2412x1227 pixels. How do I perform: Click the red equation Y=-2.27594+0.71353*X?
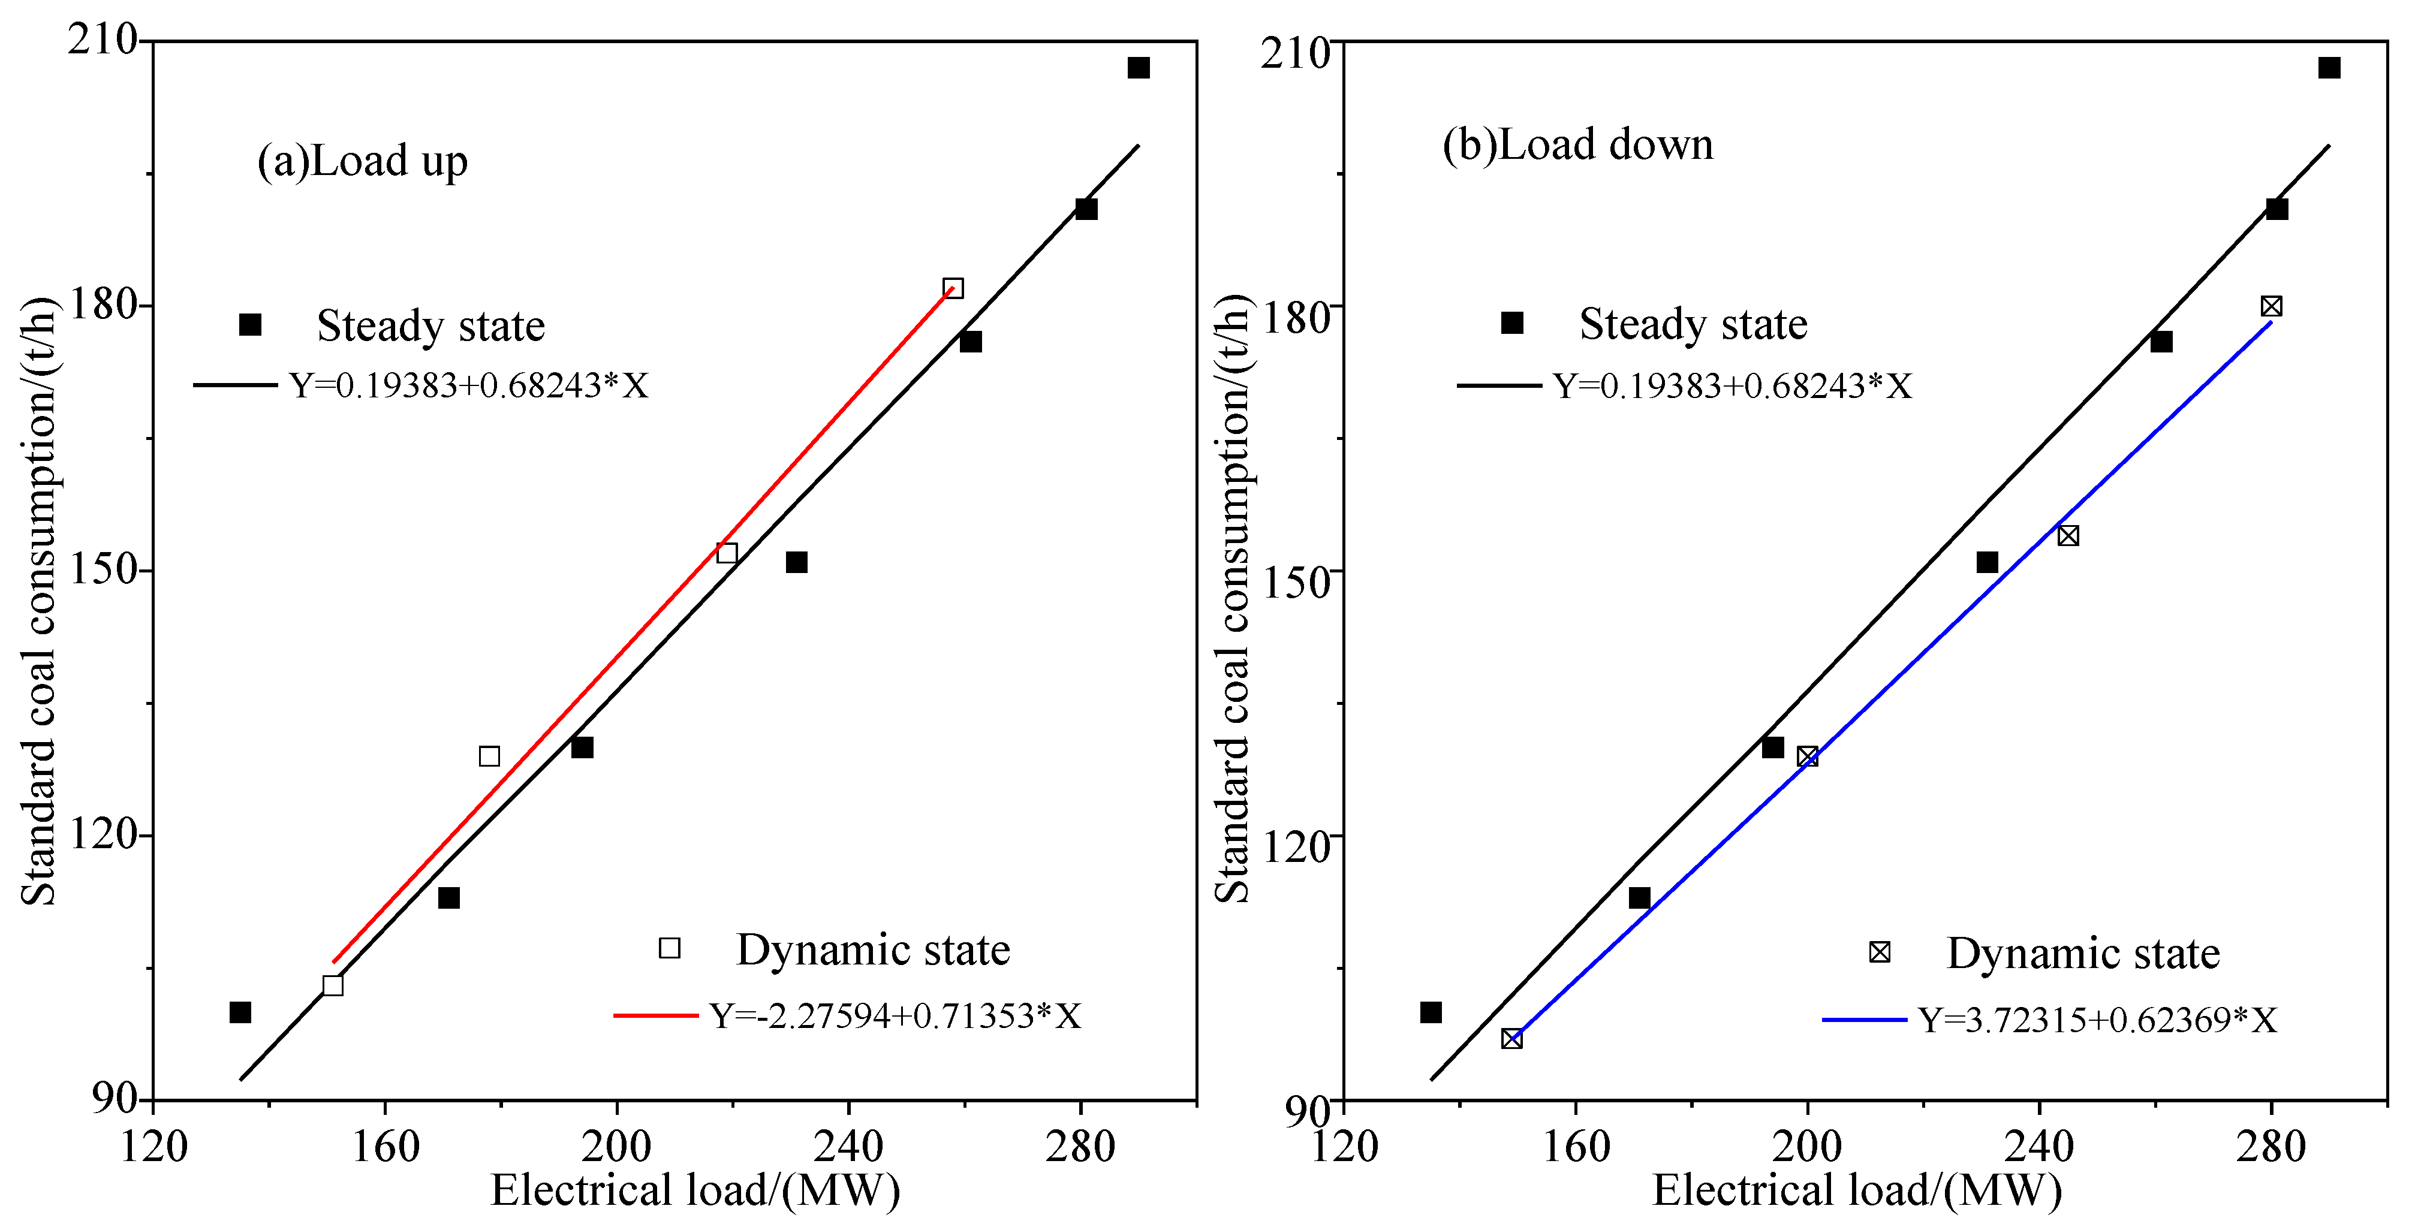tap(894, 1015)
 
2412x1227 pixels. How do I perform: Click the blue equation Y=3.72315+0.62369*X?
tap(2097, 1019)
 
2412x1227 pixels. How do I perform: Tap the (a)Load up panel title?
tap(362, 162)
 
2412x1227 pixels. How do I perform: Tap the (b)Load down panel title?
tap(1578, 145)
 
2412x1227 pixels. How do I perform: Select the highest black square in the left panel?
tap(1137, 67)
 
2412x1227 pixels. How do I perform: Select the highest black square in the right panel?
tap(2329, 67)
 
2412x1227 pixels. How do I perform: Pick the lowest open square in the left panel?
tap(332, 985)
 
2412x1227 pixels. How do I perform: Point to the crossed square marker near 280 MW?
tap(2271, 306)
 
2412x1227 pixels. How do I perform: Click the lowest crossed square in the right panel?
tap(1511, 1039)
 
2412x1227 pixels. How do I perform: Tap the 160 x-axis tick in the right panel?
tap(1576, 1145)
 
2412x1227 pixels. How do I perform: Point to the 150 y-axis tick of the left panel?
tap(103, 570)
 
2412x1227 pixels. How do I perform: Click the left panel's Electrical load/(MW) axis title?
tap(695, 1190)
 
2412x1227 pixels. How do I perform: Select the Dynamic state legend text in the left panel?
tap(873, 950)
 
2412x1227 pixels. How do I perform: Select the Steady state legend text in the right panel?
tap(1693, 324)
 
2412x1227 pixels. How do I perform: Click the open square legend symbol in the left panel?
tap(670, 948)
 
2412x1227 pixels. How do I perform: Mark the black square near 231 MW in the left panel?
tap(796, 562)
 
